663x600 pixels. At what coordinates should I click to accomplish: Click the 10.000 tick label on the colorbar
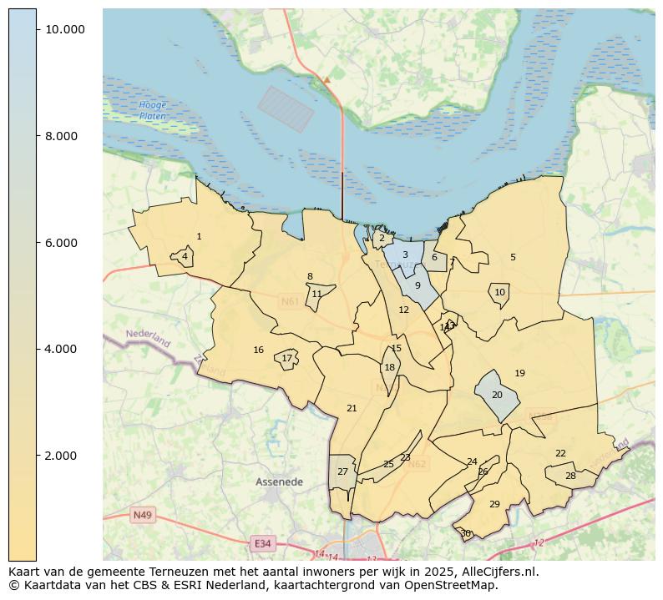[x=65, y=29]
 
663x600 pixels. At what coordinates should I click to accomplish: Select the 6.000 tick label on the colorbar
[x=62, y=243]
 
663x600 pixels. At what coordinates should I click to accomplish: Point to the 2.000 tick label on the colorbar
[x=62, y=456]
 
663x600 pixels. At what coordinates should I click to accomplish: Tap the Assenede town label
[x=279, y=482]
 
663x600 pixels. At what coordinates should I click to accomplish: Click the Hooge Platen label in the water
[x=153, y=110]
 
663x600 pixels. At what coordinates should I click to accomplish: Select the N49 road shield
[x=142, y=516]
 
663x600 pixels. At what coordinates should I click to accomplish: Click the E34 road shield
[x=262, y=543]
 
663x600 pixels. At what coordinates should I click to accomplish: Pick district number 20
[x=497, y=395]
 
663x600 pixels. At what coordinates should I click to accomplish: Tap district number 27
[x=342, y=472]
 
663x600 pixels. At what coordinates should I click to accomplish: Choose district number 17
[x=286, y=359]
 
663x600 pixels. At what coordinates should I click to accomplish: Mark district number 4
[x=185, y=256]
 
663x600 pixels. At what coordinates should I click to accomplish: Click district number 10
[x=499, y=293]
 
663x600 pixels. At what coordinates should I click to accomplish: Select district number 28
[x=570, y=476]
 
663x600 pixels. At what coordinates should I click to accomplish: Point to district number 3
[x=405, y=255]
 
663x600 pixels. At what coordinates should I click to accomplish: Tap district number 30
[x=465, y=533]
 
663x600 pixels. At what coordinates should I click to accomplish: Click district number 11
[x=316, y=295]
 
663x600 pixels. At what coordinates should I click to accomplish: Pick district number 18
[x=389, y=368]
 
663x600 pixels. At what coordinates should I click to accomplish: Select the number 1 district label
[x=199, y=237]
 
